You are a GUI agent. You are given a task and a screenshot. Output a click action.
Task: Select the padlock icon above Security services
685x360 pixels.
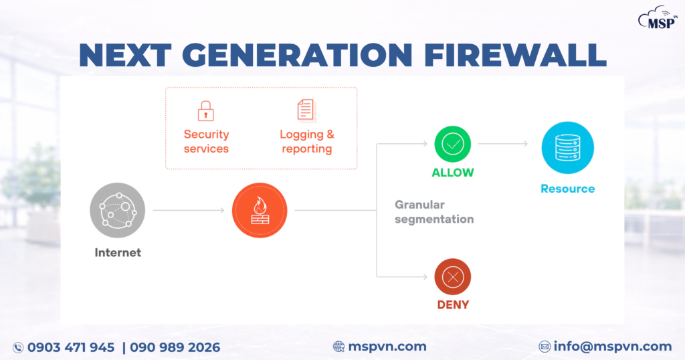coord(205,110)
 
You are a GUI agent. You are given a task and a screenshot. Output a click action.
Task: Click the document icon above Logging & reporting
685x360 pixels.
coord(306,110)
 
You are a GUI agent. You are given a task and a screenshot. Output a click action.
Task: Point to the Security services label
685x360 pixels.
coord(206,142)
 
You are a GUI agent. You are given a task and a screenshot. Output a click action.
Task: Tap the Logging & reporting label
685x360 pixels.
coord(306,142)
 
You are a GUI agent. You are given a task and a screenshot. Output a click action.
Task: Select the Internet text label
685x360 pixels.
coord(118,253)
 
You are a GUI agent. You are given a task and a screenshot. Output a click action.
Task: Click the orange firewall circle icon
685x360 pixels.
coord(260,211)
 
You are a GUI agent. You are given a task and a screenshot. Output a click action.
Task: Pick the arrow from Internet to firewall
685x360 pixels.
coord(189,211)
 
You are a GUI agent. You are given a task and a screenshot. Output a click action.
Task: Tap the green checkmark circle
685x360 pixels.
coord(453,143)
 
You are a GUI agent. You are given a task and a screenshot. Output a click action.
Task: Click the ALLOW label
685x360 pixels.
coord(452,173)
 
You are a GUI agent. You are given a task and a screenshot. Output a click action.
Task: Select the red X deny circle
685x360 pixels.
coord(453,276)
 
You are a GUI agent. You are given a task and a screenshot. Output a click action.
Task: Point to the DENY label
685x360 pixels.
coord(453,305)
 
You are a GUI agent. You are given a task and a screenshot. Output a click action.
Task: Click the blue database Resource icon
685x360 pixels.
coord(567,148)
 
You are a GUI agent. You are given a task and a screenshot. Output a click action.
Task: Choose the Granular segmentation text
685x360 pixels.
coord(434,212)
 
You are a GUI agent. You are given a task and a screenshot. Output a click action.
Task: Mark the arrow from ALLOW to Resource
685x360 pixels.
coord(503,143)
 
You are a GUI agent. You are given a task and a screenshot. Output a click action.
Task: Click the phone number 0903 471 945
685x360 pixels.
coord(71,347)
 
